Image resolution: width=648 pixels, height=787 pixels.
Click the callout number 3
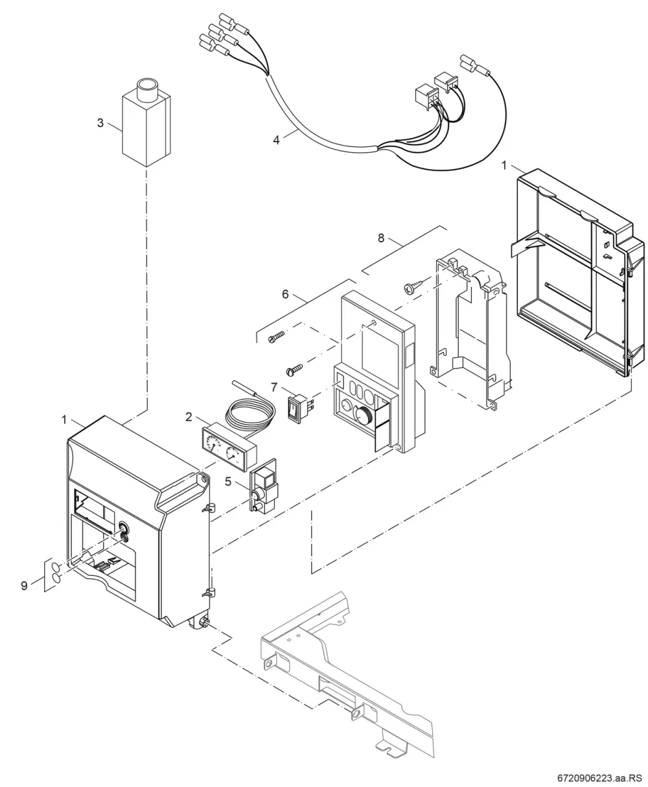pos(100,123)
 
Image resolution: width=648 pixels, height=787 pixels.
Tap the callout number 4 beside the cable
pos(276,140)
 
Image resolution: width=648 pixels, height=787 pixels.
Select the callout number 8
pos(381,238)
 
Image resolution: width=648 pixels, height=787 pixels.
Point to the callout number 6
pos(285,295)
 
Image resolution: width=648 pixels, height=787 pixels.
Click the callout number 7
pos(274,388)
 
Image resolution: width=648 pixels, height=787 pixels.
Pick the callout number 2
pos(189,417)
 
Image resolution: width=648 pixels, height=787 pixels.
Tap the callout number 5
pos(228,482)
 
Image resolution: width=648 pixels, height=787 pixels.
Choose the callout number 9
pos(24,586)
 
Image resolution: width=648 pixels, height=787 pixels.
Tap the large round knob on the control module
pos(363,415)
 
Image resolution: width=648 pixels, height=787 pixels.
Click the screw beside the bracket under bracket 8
pos(414,285)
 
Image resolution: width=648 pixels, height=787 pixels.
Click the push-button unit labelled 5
pos(264,486)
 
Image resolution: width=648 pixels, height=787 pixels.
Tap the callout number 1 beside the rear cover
pos(503,165)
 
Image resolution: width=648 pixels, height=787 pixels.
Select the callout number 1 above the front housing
pos(64,420)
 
